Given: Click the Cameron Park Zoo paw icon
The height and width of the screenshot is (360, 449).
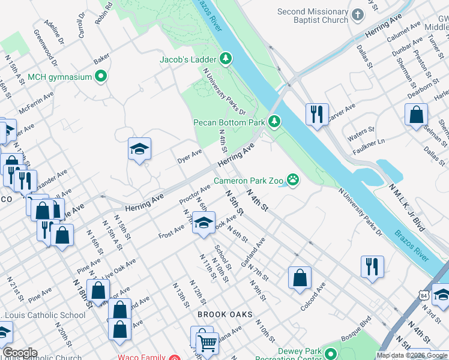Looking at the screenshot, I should point(293,179).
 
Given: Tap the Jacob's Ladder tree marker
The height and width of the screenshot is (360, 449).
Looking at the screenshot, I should point(226,59).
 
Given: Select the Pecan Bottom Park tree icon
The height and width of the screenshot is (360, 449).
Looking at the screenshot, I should point(275,122).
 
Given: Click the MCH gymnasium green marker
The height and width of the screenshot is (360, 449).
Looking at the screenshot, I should point(101,76).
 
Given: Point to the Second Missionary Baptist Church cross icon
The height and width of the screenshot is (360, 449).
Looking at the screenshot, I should point(358,16).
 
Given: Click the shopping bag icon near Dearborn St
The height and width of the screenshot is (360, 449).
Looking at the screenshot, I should point(416,115).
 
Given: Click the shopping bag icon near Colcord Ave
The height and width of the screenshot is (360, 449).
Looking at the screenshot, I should point(300,277).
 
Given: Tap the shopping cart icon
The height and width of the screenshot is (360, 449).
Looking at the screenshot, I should point(207,343).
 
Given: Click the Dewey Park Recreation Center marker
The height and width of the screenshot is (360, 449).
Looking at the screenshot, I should point(330,353).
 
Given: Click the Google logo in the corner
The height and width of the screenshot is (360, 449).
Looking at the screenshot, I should point(19,353).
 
